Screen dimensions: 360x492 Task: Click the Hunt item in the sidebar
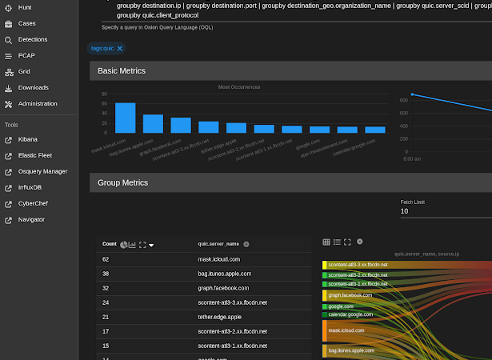[25, 7]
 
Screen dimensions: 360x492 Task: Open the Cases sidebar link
[26, 23]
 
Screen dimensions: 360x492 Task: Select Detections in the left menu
[32, 39]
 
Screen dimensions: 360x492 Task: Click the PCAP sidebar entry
[26, 56]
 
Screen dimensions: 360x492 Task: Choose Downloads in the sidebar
[33, 88]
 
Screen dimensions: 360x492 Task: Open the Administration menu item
[37, 104]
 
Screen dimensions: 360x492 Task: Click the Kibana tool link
[28, 139]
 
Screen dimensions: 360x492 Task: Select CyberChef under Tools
[33, 203]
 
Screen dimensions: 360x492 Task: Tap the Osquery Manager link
[42, 171]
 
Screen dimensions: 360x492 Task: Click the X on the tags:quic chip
[120, 49]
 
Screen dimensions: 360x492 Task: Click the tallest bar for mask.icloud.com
[125, 118]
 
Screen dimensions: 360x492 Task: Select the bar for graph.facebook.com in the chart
[181, 125]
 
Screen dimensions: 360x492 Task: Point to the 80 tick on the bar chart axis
[104, 94]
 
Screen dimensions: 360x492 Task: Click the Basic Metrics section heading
[122, 71]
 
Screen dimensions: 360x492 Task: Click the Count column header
[110, 244]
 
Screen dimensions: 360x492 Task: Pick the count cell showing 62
[106, 259]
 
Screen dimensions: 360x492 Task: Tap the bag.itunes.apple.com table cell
[225, 274]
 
